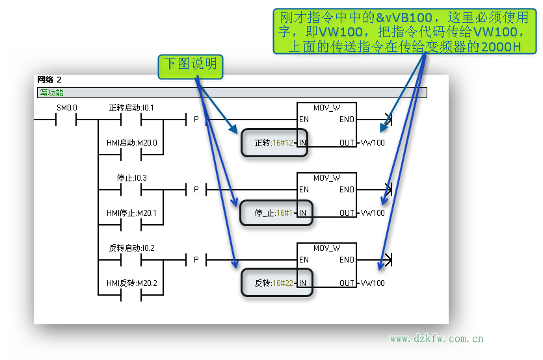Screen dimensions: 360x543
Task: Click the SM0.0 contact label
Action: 66,107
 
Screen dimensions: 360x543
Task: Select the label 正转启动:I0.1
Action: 131,107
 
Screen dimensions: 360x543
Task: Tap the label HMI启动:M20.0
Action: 131,143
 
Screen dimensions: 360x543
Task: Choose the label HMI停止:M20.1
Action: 131,213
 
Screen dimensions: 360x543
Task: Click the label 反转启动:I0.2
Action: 131,248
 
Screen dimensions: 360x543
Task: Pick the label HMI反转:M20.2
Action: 131,283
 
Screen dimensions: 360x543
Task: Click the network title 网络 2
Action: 49,80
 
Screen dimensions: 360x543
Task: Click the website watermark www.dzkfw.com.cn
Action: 436,339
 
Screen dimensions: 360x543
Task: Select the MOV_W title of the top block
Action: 326,108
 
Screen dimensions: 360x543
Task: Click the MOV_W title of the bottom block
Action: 326,248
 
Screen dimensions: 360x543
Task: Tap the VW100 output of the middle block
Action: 373,213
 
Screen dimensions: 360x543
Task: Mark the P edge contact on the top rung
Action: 196,120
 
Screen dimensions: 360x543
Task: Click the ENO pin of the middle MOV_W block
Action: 347,190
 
